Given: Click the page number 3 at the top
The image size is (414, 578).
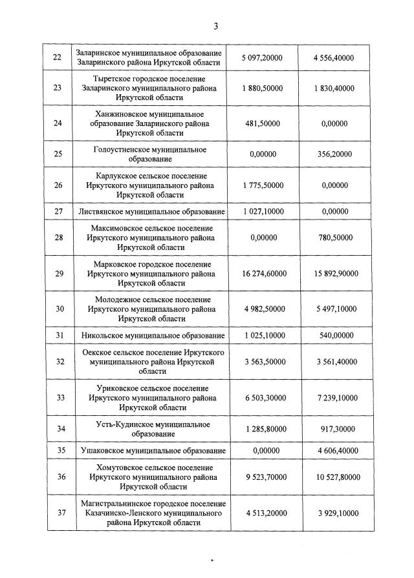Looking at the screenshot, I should coord(216,26).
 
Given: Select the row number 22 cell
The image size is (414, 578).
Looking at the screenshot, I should coord(58,57).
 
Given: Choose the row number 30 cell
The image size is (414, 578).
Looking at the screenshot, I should coord(58,309).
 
